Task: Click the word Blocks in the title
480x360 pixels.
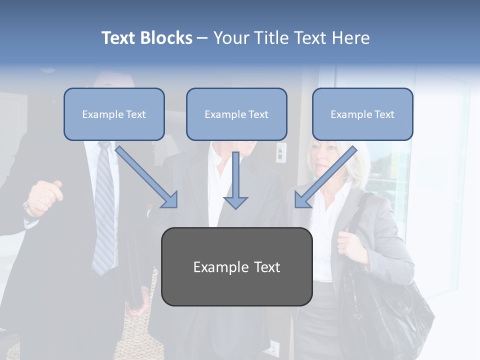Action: click(x=166, y=38)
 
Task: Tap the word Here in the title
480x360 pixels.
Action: click(x=351, y=38)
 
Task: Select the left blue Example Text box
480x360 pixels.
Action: click(x=114, y=114)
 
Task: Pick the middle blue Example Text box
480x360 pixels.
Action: click(x=236, y=114)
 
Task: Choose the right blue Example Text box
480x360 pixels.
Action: click(x=362, y=114)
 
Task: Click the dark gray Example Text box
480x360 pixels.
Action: click(x=236, y=266)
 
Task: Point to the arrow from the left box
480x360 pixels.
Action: click(x=147, y=177)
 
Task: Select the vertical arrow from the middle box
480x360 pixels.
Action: click(x=235, y=180)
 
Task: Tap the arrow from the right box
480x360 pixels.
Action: click(x=325, y=177)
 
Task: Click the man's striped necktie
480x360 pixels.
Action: click(x=104, y=210)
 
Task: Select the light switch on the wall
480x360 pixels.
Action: click(x=281, y=152)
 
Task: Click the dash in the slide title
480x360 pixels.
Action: click(x=202, y=38)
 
